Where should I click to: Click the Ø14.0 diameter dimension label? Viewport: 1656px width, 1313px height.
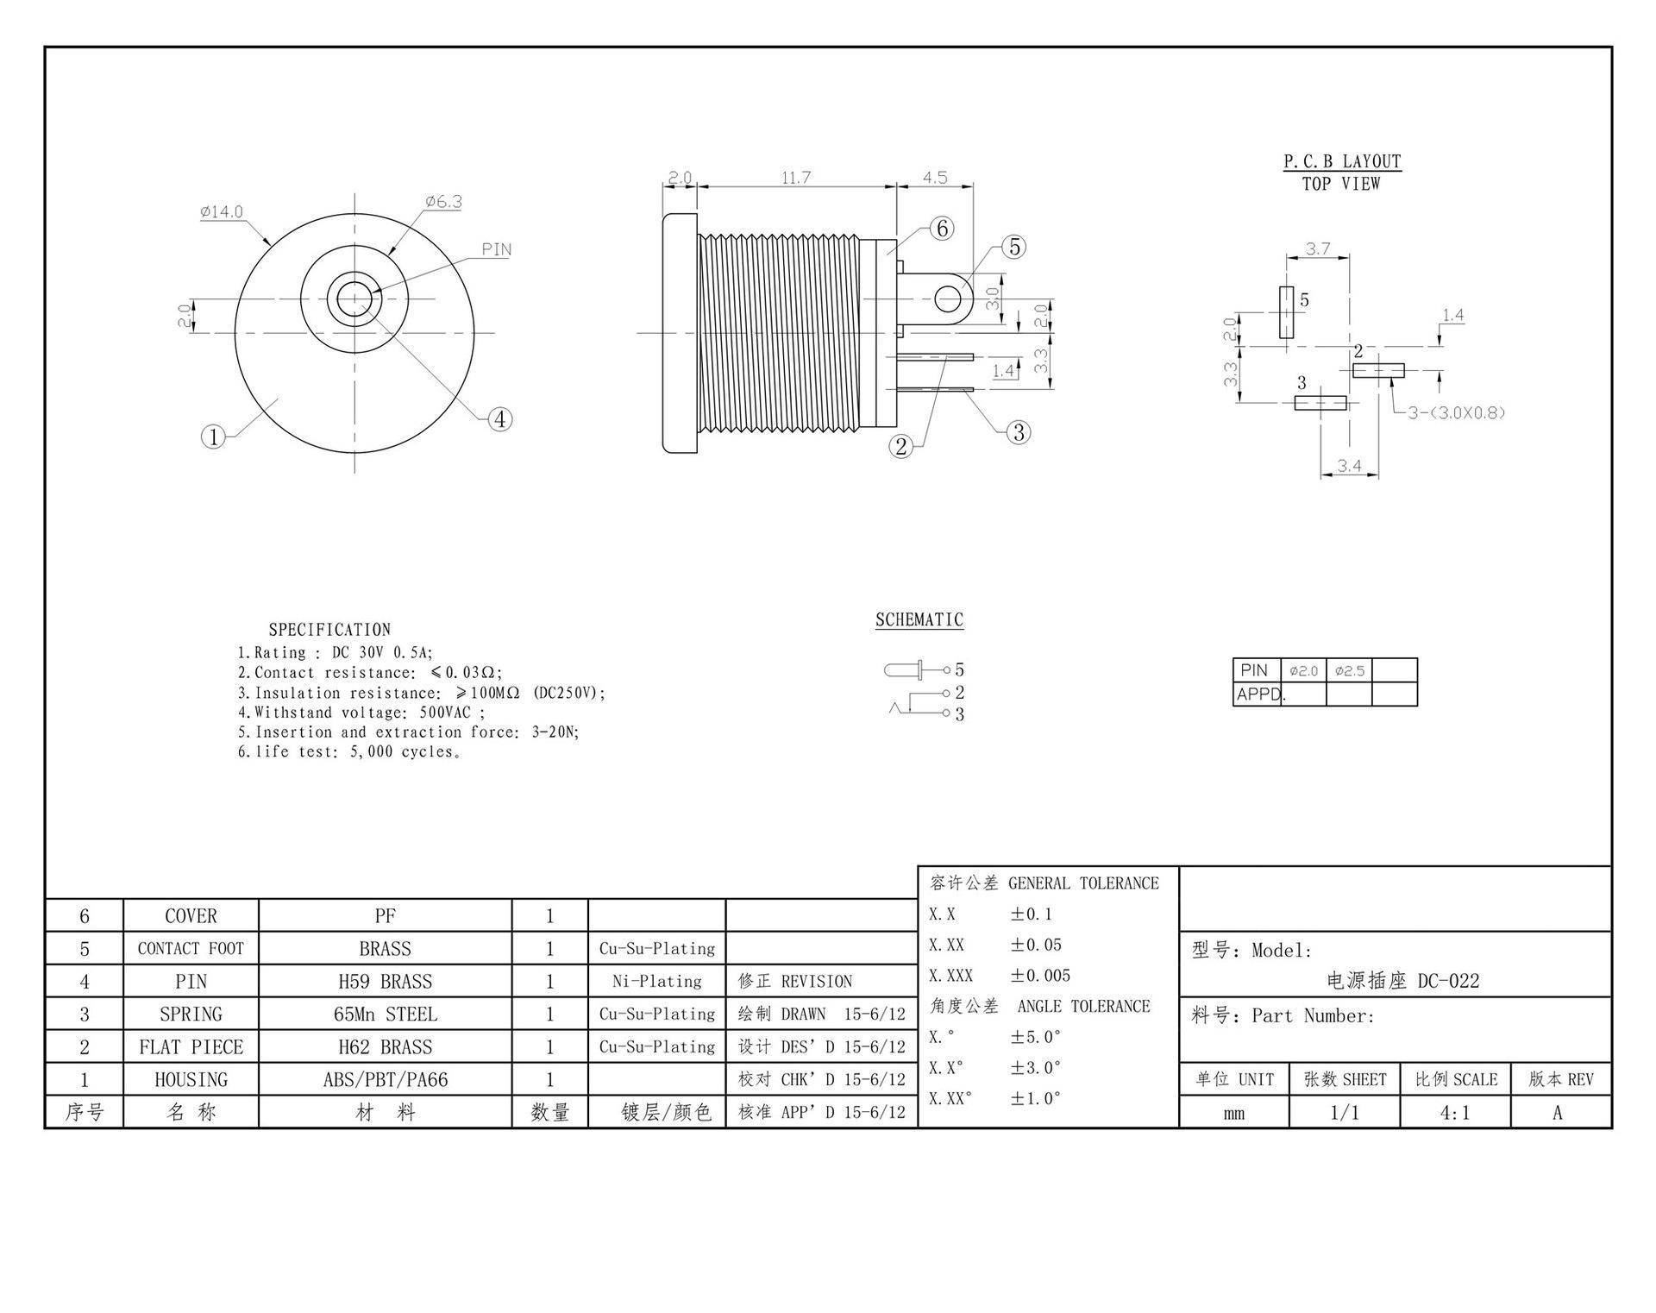(x=222, y=211)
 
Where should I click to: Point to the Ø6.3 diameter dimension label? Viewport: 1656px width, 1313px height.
(x=443, y=202)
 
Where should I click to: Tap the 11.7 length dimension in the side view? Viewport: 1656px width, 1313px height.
(x=796, y=178)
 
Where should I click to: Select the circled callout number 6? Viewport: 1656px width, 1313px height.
(x=942, y=228)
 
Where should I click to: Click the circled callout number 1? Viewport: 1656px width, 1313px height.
(x=213, y=437)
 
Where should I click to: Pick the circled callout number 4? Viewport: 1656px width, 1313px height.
(x=500, y=419)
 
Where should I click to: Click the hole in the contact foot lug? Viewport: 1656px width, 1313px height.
(x=948, y=299)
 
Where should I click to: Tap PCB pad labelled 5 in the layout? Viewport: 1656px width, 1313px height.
(x=1286, y=312)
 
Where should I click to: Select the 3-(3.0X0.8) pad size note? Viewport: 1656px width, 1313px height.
(x=1457, y=412)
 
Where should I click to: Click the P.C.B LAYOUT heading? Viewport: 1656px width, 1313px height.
(x=1342, y=161)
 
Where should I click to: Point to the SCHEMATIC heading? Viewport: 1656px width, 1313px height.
(x=919, y=619)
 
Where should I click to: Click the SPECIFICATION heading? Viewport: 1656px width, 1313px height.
(x=329, y=630)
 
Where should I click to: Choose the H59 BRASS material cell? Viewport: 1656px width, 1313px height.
(x=385, y=982)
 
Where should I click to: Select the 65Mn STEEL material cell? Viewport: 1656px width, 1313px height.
(x=385, y=1015)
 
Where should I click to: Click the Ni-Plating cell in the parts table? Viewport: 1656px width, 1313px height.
(x=657, y=982)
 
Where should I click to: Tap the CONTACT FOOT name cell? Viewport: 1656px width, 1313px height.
(x=191, y=949)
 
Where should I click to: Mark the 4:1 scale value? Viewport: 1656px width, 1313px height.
(x=1455, y=1113)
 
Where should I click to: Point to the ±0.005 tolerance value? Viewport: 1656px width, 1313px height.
(x=1040, y=976)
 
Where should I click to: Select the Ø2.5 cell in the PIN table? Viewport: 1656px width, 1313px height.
(x=1349, y=670)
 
